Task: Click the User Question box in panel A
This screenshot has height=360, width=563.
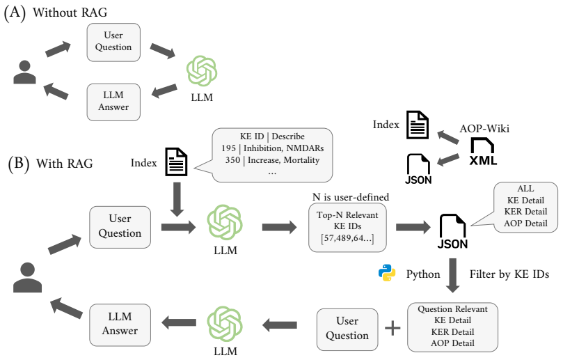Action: [x=113, y=42]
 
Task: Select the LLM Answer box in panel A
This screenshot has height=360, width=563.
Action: [x=113, y=102]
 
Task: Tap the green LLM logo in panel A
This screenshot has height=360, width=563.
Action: [x=202, y=70]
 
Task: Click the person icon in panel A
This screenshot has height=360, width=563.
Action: [x=25, y=72]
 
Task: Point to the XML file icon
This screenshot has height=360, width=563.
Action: [x=483, y=152]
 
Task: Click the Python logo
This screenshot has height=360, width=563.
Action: [x=387, y=273]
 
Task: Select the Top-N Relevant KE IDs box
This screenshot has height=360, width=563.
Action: [x=347, y=228]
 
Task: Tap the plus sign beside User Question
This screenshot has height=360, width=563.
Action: [x=392, y=328]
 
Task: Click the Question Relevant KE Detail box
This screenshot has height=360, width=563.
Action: [x=452, y=327]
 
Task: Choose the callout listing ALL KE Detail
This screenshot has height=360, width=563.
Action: [x=525, y=206]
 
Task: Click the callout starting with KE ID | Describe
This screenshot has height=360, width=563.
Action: [x=272, y=155]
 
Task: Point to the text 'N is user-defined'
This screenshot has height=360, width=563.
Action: [x=351, y=197]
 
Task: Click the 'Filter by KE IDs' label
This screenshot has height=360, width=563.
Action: [x=509, y=274]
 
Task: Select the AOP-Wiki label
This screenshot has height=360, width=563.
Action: [x=484, y=128]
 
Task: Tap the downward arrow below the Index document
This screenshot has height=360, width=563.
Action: [x=177, y=199]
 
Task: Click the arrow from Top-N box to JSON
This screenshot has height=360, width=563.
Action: [x=413, y=227]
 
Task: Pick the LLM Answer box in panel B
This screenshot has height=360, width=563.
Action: [x=120, y=324]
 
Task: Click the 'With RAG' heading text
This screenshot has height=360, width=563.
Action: [x=65, y=164]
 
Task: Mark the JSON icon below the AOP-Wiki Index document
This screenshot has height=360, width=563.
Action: [x=418, y=169]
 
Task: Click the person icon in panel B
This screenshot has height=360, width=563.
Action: [x=27, y=277]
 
